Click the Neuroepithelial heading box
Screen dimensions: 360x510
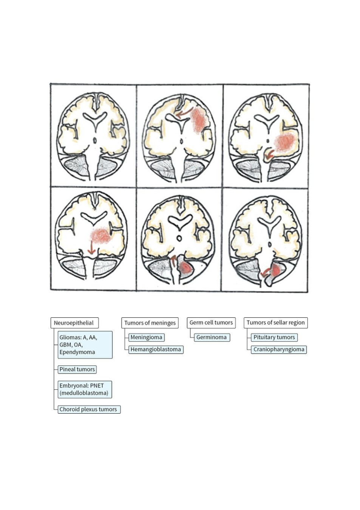pyautogui.click(x=74, y=323)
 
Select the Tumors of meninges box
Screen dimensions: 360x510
pyautogui.click(x=150, y=323)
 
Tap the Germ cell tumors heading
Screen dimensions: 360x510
pyautogui.click(x=211, y=323)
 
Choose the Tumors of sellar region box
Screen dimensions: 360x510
pyautogui.click(x=275, y=323)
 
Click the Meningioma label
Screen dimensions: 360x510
pyautogui.click(x=147, y=337)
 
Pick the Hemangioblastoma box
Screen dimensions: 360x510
pyautogui.click(x=156, y=349)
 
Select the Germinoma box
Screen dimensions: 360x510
pyautogui.click(x=212, y=337)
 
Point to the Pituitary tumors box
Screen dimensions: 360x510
pyautogui.click(x=274, y=337)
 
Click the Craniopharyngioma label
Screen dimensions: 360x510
pyautogui.click(x=279, y=349)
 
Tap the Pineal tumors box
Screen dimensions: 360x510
pyautogui.click(x=77, y=369)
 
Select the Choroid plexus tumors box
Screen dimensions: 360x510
pyautogui.click(x=89, y=410)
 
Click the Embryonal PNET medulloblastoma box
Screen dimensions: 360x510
pyautogui.click(x=85, y=389)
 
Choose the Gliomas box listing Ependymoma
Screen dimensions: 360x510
pyautogui.click(x=85, y=345)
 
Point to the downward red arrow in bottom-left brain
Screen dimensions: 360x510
pyautogui.click(x=91, y=248)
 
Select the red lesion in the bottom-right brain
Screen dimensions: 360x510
pyautogui.click(x=276, y=270)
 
